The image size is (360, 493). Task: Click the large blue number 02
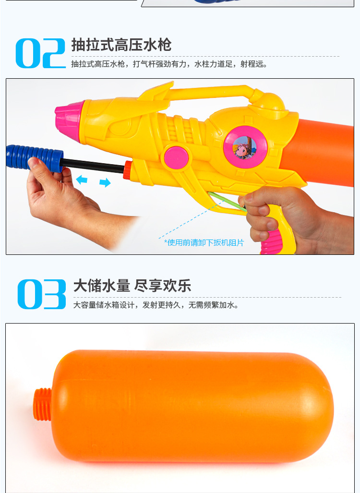(x=40, y=53)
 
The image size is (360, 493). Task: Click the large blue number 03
(x=42, y=294)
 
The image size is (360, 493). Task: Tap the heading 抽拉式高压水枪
(x=121, y=45)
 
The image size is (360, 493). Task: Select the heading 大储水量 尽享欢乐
(x=132, y=286)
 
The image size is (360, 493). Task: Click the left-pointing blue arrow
(x=82, y=180)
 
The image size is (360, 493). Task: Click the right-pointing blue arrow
(x=105, y=182)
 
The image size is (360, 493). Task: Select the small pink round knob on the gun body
(x=174, y=156)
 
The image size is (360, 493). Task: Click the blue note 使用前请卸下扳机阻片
(x=204, y=242)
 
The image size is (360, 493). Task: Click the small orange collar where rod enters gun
(x=127, y=170)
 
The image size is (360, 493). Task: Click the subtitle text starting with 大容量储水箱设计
(x=156, y=305)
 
